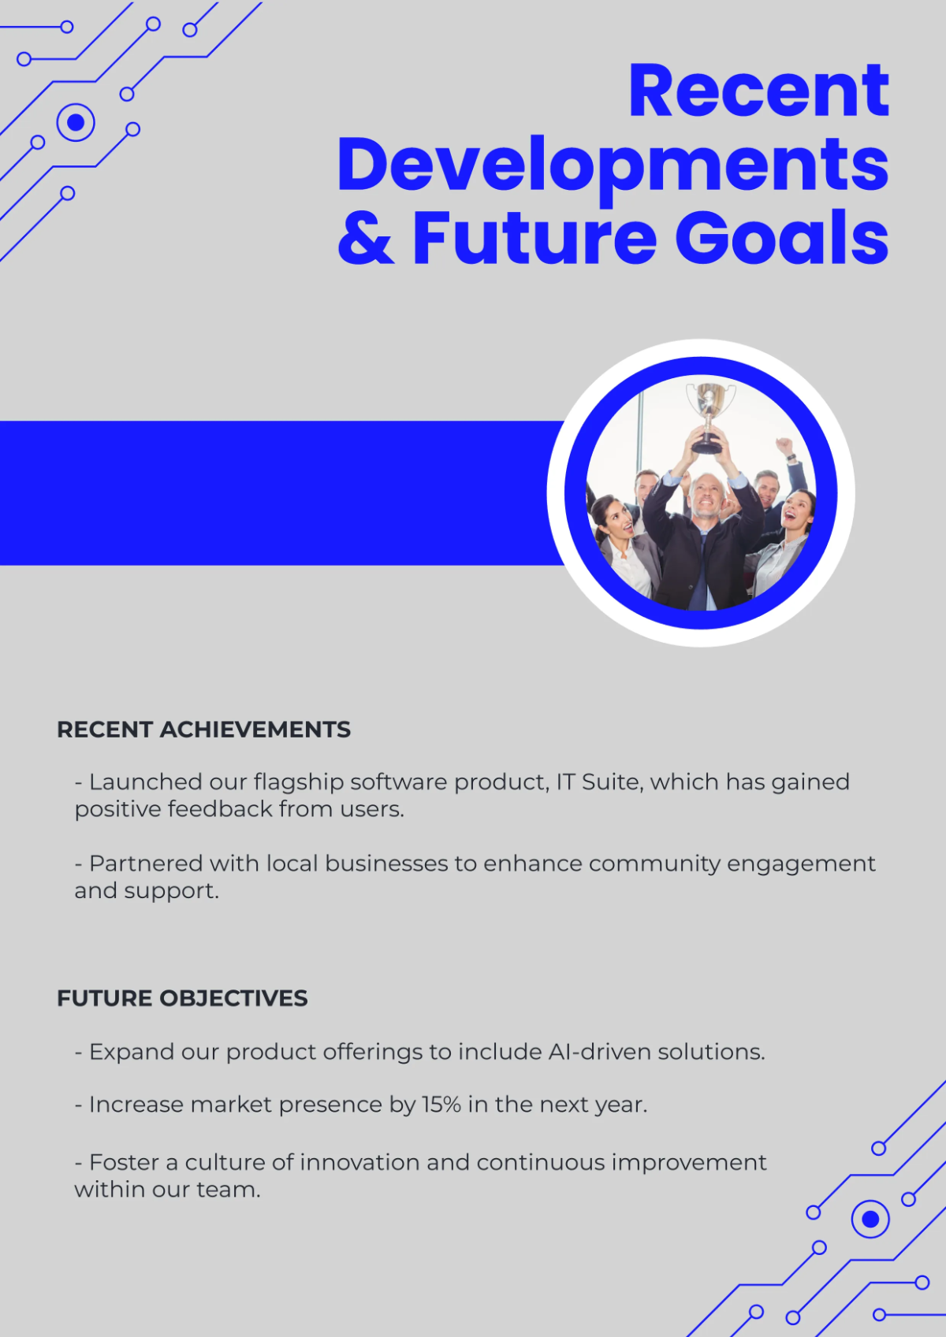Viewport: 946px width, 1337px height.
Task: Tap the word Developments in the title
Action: (x=613, y=165)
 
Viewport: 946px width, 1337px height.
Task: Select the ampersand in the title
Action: (x=365, y=237)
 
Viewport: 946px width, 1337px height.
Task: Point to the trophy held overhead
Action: (x=709, y=414)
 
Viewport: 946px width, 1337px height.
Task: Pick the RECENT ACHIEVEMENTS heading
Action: (x=203, y=730)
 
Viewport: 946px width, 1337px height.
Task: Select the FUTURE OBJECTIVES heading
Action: (x=182, y=998)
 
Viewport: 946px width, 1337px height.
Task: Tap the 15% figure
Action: (x=441, y=1105)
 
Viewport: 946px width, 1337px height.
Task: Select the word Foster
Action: (x=124, y=1162)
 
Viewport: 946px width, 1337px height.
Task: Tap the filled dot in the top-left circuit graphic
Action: (x=76, y=122)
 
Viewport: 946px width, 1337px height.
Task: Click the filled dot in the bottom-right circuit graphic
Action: (x=870, y=1220)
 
